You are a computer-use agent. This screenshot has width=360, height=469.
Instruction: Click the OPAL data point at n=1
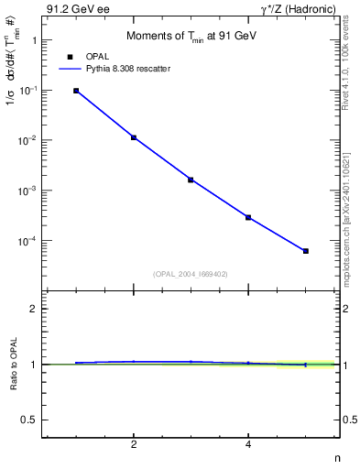click(x=76, y=91)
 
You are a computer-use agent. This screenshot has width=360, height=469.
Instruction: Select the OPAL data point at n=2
click(x=134, y=137)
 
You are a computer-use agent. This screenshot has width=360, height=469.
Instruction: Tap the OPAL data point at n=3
click(x=191, y=180)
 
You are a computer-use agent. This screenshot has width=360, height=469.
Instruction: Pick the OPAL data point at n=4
click(x=248, y=217)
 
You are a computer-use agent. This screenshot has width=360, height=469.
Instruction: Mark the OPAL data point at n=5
click(x=306, y=250)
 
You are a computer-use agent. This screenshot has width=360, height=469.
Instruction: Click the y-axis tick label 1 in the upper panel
click(x=34, y=41)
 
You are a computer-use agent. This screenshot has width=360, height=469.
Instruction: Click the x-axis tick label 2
click(x=134, y=445)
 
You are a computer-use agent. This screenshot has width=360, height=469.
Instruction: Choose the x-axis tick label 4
click(x=248, y=445)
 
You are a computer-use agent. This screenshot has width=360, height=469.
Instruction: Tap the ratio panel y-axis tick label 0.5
click(x=30, y=420)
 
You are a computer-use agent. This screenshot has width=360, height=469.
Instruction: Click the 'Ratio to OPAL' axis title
click(x=12, y=364)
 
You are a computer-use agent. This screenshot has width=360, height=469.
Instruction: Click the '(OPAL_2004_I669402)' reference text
click(x=190, y=274)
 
